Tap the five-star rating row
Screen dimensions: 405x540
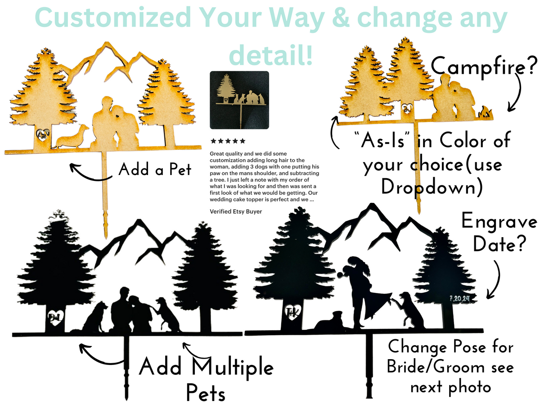point(228,141)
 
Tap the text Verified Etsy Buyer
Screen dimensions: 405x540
point(236,211)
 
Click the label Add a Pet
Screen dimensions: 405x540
point(155,170)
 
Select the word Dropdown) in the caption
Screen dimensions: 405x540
point(432,187)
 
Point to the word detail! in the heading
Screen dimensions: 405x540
point(270,54)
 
